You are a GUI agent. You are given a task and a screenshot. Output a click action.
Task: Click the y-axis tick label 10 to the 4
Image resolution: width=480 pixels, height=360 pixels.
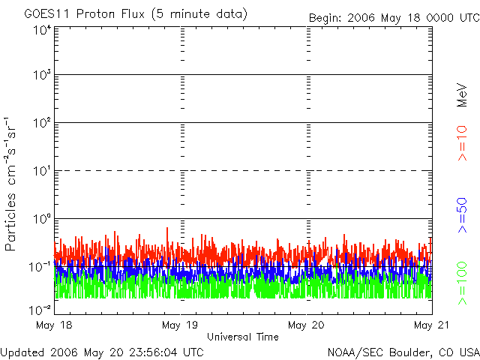click(x=40, y=30)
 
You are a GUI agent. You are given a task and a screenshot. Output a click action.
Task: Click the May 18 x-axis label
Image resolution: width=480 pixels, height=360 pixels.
click(x=54, y=325)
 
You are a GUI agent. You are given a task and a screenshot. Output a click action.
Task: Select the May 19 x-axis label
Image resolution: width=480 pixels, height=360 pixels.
click(x=180, y=325)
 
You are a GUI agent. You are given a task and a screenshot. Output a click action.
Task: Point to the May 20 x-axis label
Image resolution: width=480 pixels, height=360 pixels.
click(x=306, y=325)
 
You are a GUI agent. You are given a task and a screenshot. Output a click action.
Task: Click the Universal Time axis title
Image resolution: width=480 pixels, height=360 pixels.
click(x=242, y=337)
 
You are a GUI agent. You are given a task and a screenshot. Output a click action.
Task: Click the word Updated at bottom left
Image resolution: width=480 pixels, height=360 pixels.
click(x=23, y=351)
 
